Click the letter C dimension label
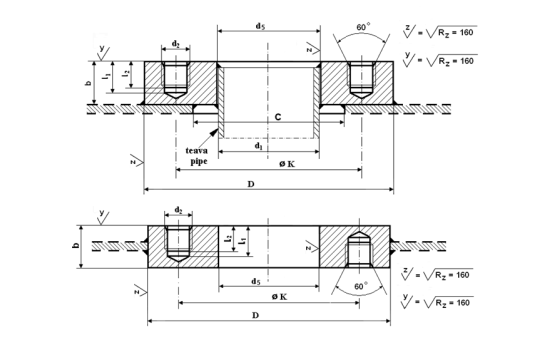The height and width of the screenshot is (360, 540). pyautogui.click(x=278, y=117)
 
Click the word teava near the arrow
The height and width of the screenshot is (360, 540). pyautogui.click(x=197, y=151)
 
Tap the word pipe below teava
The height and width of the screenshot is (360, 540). pyautogui.click(x=199, y=161)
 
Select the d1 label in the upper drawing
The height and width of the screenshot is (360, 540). pyautogui.click(x=258, y=146)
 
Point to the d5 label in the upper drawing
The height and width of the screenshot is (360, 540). pyautogui.click(x=260, y=26)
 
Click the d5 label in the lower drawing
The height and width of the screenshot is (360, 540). pyautogui.click(x=255, y=281)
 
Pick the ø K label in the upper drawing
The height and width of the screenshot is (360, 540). pyautogui.click(x=287, y=164)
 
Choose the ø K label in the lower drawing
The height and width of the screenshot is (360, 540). pyautogui.click(x=279, y=297)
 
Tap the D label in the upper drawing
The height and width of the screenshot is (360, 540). pyautogui.click(x=251, y=184)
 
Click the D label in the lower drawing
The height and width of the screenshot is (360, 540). pyautogui.click(x=255, y=315)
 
